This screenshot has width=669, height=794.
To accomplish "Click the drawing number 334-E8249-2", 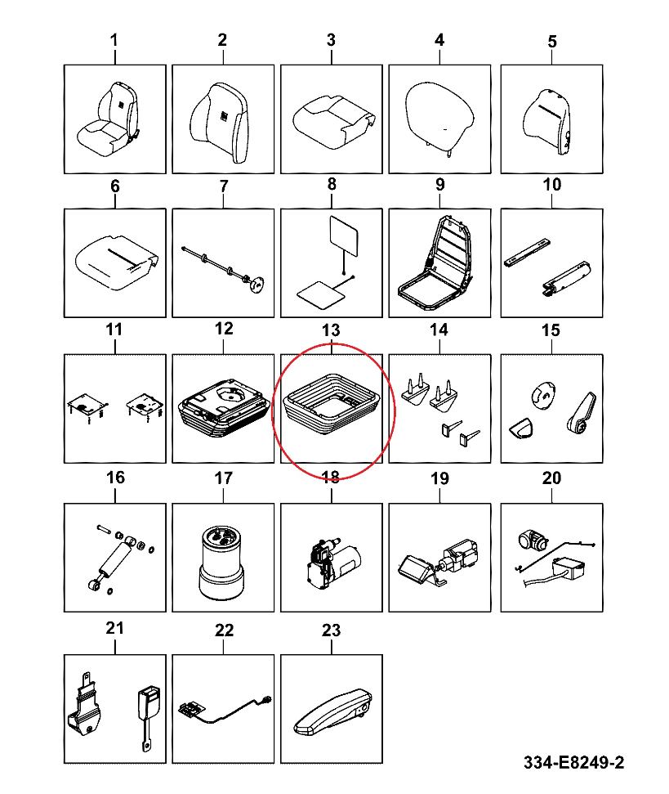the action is coord(574,762).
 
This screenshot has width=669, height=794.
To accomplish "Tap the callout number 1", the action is coord(114,40).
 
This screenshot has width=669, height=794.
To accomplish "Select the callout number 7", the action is coord(224,186).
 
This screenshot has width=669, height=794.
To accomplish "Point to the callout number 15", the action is coord(551,330).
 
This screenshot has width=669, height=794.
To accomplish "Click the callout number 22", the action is coord(224,630).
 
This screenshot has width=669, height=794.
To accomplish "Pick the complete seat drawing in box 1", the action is coord(108,119).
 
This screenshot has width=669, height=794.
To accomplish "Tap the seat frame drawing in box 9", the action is coord(435,262).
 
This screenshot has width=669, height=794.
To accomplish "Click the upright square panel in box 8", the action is coord(344,236).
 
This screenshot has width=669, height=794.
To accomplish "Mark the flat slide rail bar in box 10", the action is coord(528,252).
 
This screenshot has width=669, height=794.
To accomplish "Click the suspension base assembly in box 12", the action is coord(223,406).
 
